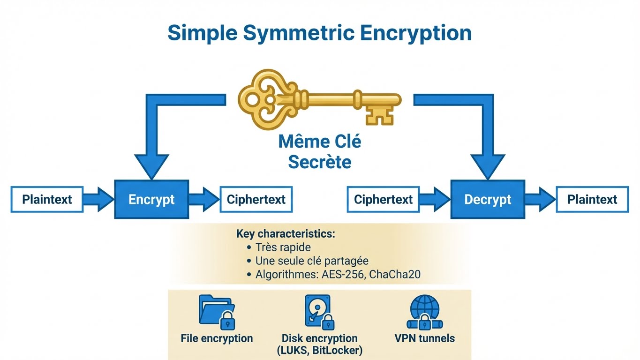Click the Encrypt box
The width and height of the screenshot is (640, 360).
click(x=151, y=199)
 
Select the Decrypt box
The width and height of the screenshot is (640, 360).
click(x=488, y=199)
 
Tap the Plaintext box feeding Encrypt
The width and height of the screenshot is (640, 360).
click(x=47, y=199)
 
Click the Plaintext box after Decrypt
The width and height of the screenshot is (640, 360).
click(x=592, y=199)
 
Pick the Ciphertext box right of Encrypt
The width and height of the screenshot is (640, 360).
click(x=256, y=199)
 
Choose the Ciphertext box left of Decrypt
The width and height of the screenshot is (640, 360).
click(x=383, y=199)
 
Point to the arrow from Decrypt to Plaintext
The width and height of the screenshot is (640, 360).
click(x=540, y=199)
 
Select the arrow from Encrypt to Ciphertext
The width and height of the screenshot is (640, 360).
click(x=203, y=199)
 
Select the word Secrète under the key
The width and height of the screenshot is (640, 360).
click(x=319, y=162)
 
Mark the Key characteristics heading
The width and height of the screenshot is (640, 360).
click(x=286, y=233)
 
